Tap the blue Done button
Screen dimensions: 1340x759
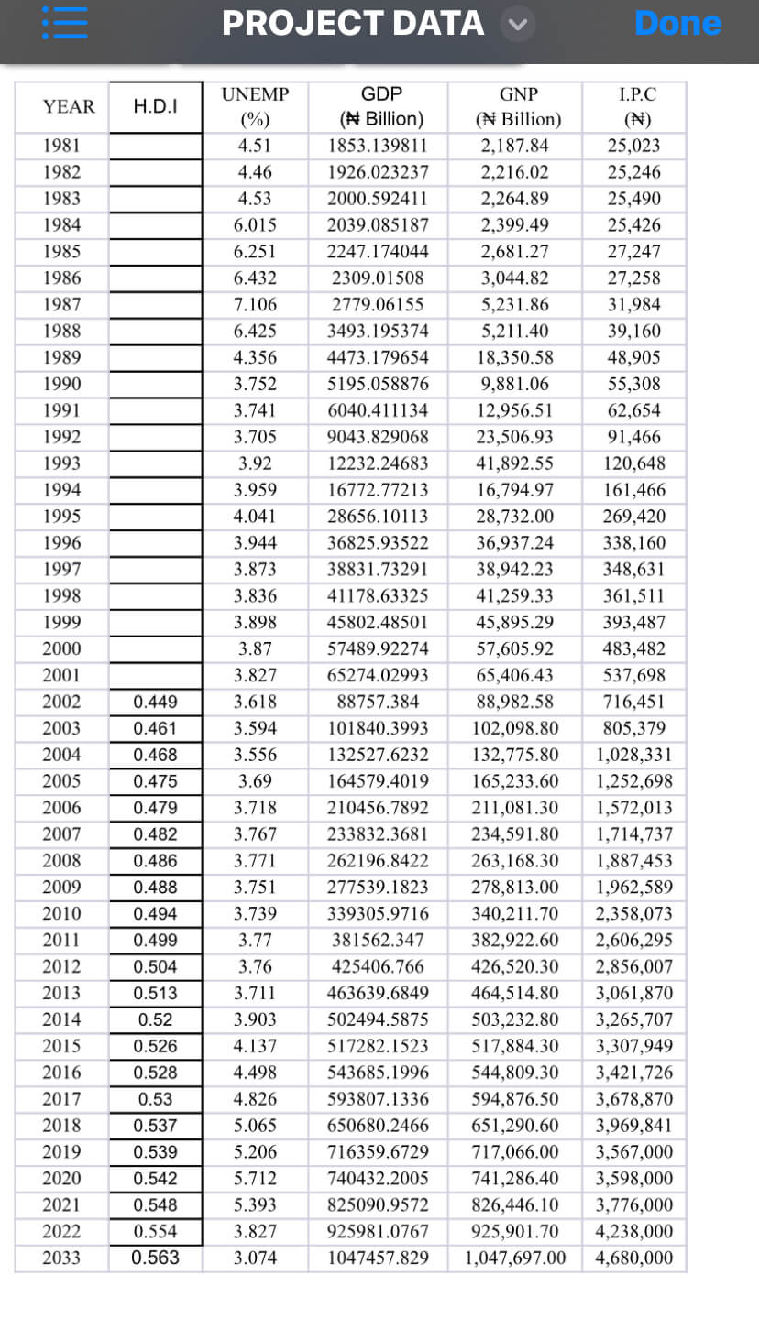[x=677, y=23]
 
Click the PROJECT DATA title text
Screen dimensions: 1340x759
[x=353, y=23]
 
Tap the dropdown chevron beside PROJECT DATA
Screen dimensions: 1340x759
[x=517, y=24]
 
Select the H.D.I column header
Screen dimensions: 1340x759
[x=156, y=106]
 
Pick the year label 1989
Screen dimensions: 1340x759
[x=61, y=357]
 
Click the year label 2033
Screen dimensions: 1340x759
[x=61, y=1258]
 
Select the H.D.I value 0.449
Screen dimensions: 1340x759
[x=156, y=702]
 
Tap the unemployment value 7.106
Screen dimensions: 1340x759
[x=256, y=304]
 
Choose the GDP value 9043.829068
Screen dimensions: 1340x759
[x=378, y=437]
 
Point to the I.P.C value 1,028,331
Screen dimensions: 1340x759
[x=634, y=755]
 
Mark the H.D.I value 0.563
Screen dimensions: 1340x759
[x=156, y=1258]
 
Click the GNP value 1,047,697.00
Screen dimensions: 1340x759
[x=515, y=1258]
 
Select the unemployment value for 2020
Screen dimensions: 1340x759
[x=256, y=1178]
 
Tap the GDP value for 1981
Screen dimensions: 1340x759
[x=378, y=146]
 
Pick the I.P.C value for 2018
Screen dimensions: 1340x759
[x=634, y=1125]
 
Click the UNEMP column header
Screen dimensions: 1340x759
[x=256, y=106]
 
